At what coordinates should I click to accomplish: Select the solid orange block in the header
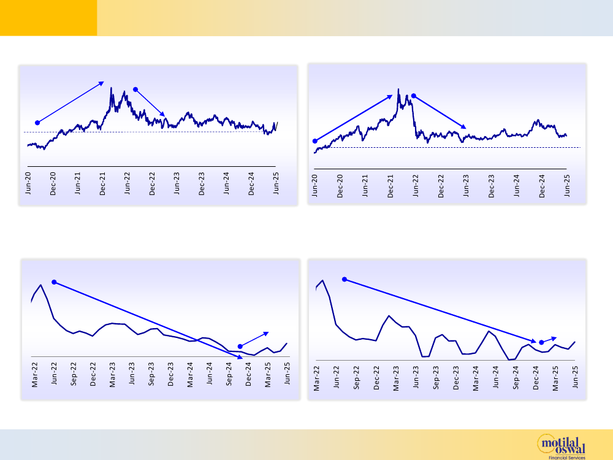[48, 18]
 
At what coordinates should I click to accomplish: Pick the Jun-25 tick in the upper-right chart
[567, 185]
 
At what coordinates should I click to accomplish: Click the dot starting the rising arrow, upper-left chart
[37, 123]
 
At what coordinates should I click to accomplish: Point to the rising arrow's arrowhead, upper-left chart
[102, 82]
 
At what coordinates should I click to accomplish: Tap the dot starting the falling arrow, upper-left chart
[135, 90]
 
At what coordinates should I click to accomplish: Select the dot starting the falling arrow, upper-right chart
[414, 96]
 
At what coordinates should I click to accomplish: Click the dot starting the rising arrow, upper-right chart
[314, 140]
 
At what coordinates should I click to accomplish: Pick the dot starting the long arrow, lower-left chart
[54, 282]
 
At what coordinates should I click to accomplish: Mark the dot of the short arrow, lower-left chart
[240, 346]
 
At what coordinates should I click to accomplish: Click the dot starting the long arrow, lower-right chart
[345, 279]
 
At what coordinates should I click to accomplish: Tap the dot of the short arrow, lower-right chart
[541, 342]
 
